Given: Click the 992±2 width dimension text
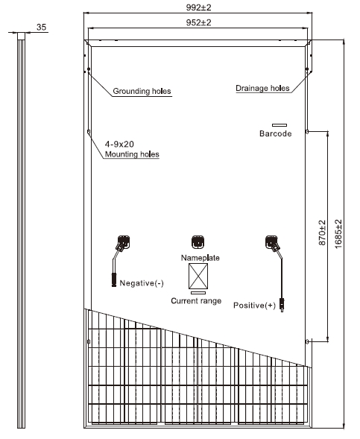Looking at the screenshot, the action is click(x=198, y=7).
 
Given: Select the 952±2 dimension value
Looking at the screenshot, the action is click(x=198, y=22).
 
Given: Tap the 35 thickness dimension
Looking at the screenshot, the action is click(x=41, y=27).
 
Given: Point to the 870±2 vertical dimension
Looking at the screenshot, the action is click(x=322, y=233).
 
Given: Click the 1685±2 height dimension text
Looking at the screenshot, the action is click(x=338, y=234).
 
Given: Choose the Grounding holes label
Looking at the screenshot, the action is click(x=142, y=91).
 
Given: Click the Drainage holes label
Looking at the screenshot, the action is click(x=262, y=88).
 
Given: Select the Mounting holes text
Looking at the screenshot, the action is click(x=132, y=154).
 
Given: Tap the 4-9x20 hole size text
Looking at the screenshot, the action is click(x=119, y=144).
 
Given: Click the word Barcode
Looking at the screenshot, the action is click(x=276, y=133).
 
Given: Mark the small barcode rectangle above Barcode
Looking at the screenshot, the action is click(x=280, y=125).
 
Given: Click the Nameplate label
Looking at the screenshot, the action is click(x=200, y=258).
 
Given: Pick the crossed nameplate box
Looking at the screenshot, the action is click(x=198, y=276).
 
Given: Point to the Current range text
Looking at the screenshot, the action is click(x=196, y=301).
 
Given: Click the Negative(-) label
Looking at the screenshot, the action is click(x=142, y=283).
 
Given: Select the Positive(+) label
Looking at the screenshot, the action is click(x=254, y=305).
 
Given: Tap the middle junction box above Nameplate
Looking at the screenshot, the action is click(x=198, y=242).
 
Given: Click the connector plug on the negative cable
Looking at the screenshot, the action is click(x=114, y=279).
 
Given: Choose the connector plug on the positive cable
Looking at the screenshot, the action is click(x=282, y=305).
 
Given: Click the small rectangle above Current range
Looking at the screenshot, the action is click(x=198, y=293).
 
